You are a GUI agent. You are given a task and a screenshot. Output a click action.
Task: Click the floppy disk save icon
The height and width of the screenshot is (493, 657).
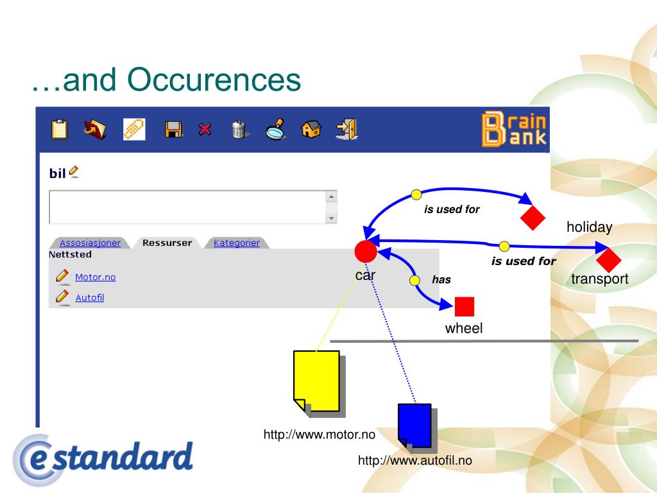coord(173,129)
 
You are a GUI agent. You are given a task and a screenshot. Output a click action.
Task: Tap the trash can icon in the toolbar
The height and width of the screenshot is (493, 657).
coord(239,129)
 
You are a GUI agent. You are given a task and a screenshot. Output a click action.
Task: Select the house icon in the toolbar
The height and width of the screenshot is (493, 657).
coord(311,129)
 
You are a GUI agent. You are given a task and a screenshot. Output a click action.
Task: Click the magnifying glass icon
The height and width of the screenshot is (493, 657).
coord(275,129)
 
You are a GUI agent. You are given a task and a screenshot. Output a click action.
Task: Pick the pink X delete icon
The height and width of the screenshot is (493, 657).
coord(205,129)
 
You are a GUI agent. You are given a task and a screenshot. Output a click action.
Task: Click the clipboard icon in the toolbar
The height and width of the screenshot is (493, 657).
coord(60,129)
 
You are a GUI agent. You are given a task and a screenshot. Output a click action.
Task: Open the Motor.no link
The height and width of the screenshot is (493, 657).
coord(96,277)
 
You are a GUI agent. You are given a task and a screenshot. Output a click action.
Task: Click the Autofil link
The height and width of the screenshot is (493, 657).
coord(90,298)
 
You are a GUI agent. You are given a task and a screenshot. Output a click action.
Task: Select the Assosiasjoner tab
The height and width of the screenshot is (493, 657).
coord(90,243)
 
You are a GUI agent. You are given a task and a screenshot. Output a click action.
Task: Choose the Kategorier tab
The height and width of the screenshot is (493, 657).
coord(237,243)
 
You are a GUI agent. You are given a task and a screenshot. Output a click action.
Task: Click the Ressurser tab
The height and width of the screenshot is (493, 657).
coord(167,243)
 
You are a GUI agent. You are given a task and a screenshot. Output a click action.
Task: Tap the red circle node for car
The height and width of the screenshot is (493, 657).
coord(366,252)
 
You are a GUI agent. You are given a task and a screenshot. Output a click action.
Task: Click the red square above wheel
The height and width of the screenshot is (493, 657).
coord(465,306)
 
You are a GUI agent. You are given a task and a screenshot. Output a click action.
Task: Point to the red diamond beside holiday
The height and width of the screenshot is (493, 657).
coord(533,218)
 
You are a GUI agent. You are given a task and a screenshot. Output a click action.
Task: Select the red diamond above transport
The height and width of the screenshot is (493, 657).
coord(608,260)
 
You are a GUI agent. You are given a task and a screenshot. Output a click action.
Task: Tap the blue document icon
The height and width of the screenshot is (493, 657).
coord(415,426)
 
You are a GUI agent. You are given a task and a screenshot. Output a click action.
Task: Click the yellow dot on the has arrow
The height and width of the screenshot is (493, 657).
coord(415,281)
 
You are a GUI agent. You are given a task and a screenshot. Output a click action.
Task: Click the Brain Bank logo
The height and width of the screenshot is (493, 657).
coord(514,129)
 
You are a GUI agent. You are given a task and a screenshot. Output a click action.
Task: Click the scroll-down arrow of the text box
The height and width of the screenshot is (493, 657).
coord(332,218)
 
